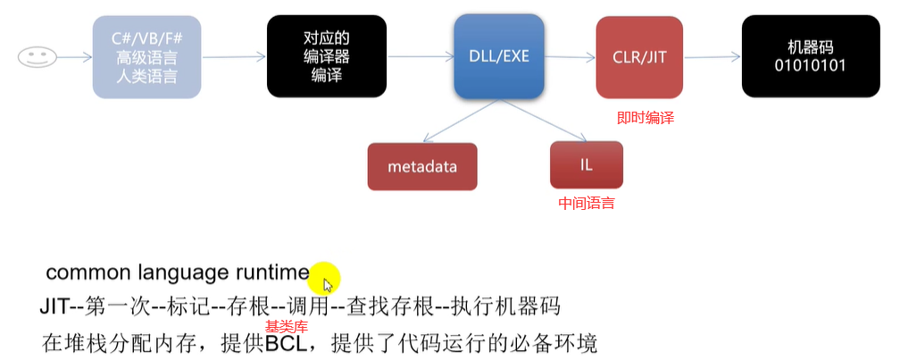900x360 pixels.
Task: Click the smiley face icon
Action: point(33,57)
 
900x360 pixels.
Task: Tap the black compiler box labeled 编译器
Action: point(327,57)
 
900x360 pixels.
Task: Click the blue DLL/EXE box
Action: point(499,57)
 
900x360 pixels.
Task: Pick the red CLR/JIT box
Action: point(639,57)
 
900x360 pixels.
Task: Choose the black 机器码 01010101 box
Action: point(811,57)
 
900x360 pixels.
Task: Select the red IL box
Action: point(587,165)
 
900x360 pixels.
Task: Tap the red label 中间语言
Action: point(587,203)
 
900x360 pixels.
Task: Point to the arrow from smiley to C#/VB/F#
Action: point(71,57)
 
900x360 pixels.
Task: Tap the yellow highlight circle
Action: point(324,277)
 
